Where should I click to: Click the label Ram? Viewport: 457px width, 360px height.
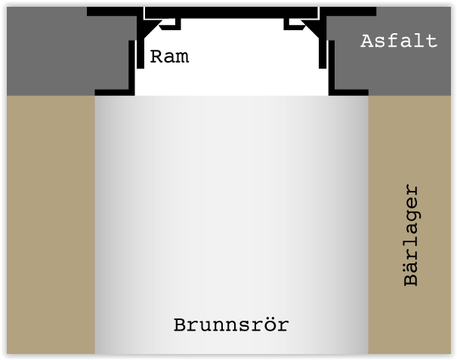pos(168,57)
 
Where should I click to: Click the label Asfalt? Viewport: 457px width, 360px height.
pos(399,41)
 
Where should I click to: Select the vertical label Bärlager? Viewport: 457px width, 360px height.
pos(411,235)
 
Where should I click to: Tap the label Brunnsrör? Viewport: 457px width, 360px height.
pos(231,326)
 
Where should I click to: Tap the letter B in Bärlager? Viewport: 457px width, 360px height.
pos(411,278)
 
